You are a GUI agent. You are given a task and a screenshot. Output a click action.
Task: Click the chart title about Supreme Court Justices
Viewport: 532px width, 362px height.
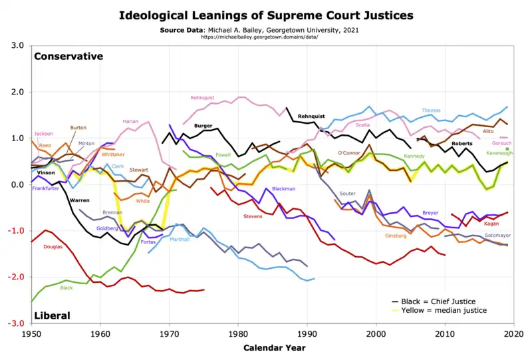[x=265, y=15]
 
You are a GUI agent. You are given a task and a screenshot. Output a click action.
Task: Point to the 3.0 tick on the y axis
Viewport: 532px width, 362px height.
[x=18, y=46]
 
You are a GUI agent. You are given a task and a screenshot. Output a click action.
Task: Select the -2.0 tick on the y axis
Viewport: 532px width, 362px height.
[x=17, y=277]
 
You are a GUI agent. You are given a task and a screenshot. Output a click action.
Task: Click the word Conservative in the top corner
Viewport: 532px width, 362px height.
[x=68, y=57]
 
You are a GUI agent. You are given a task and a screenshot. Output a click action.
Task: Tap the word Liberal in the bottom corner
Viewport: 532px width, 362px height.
[x=53, y=315]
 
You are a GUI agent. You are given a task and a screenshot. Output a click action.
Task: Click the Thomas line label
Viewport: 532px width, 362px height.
[x=431, y=110]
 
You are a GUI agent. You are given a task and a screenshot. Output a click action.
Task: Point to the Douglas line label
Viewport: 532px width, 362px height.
[x=53, y=247]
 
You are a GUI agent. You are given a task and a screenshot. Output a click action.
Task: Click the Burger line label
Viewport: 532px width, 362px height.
[x=203, y=125]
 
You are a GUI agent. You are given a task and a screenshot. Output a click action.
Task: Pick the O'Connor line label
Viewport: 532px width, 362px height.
[x=349, y=153]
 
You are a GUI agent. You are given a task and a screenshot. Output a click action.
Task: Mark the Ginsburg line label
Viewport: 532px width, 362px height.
[x=395, y=236]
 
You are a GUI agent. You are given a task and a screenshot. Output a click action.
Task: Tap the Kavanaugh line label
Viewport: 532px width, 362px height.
[x=499, y=152]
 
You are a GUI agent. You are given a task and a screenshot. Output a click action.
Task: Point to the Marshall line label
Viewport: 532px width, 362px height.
[x=180, y=239]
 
